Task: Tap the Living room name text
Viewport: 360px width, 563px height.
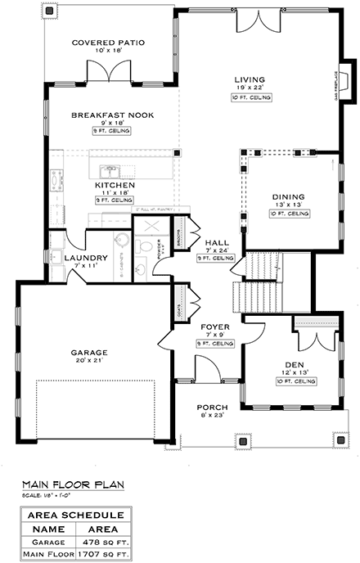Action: pyautogui.click(x=250, y=79)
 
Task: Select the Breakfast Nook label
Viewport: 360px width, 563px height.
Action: pyautogui.click(x=108, y=115)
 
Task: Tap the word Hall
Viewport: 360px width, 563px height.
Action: pyautogui.click(x=217, y=242)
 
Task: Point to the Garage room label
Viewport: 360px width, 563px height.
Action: pyautogui.click(x=89, y=353)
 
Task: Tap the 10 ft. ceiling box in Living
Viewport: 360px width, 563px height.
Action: pyautogui.click(x=250, y=97)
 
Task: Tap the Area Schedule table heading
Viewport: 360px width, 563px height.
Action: pyautogui.click(x=75, y=516)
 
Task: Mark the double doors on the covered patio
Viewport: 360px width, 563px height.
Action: pyautogui.click(x=109, y=72)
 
